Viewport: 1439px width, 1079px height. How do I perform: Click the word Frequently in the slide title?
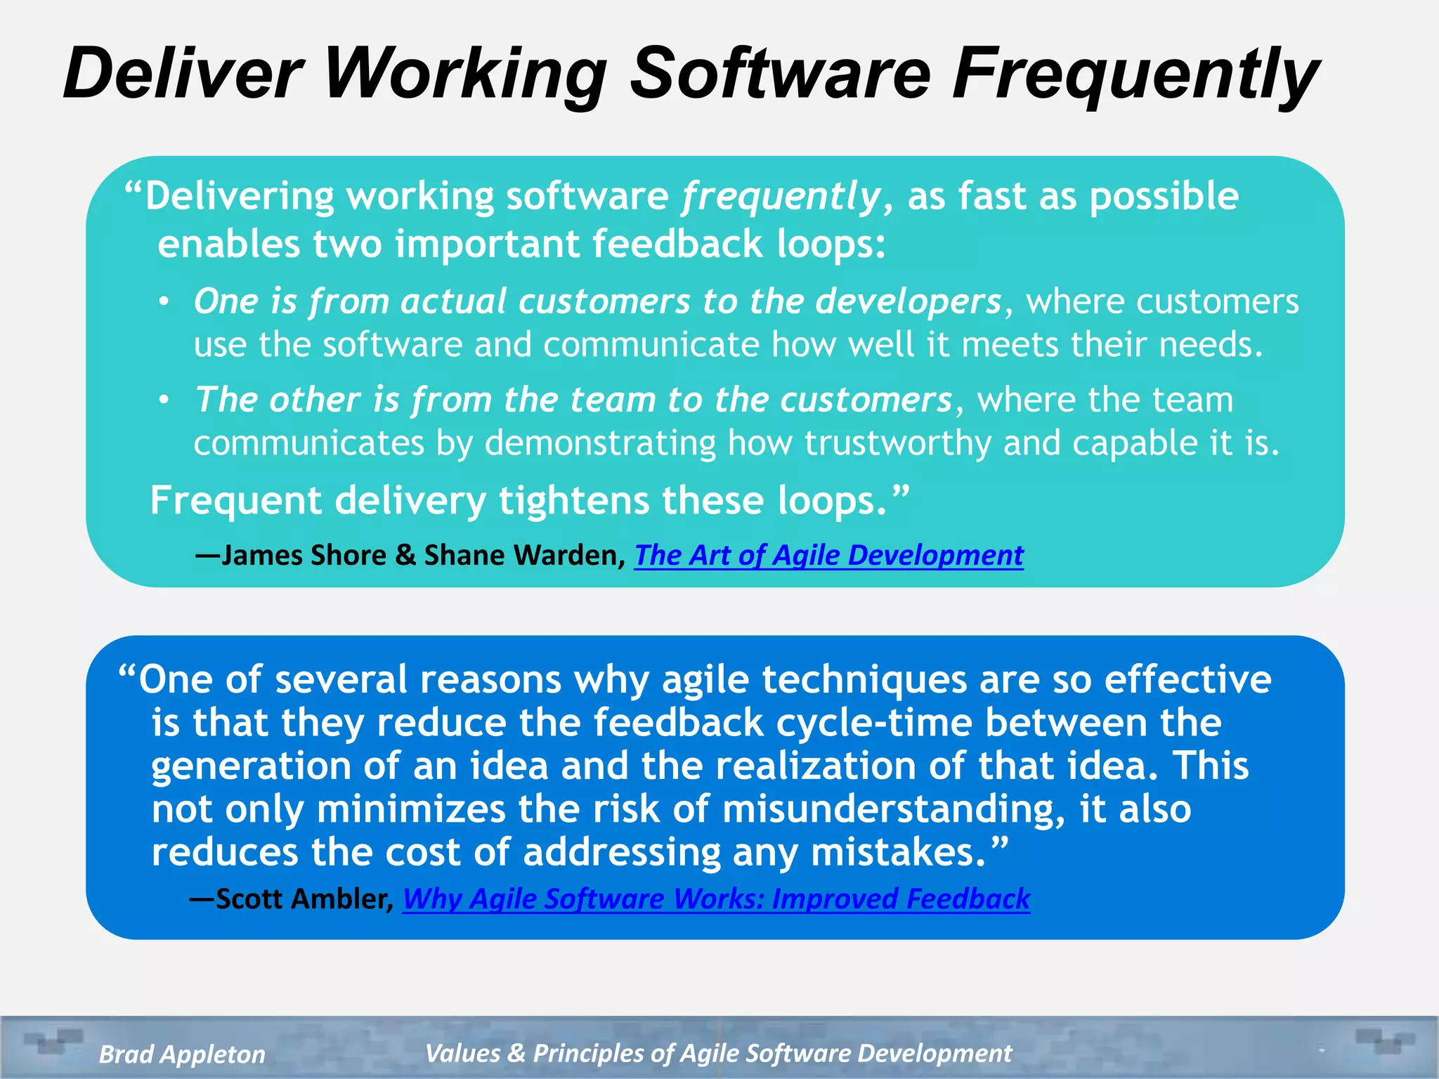click(1135, 74)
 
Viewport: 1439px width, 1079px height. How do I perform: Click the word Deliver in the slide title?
click(183, 74)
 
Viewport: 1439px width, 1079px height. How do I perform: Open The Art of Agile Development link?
click(828, 555)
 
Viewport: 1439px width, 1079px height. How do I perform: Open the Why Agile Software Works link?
click(716, 898)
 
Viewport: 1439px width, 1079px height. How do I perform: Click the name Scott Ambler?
click(302, 898)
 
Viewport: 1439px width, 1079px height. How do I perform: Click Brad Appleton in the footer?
click(182, 1054)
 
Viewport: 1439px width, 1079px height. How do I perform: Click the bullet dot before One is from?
click(164, 302)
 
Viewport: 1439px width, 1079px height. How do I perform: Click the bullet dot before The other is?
click(164, 400)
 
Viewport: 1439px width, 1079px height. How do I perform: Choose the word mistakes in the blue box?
click(899, 852)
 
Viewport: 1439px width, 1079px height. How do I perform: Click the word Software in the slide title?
click(780, 74)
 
